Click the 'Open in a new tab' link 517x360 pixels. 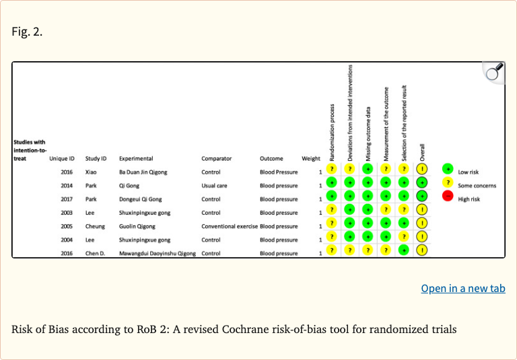pos(463,288)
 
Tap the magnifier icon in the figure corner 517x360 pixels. pos(495,72)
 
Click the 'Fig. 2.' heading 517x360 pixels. pos(27,31)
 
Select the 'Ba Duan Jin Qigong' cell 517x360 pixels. pos(143,172)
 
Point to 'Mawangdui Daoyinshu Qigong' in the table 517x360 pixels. pos(157,254)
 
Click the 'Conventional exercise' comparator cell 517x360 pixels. pos(229,226)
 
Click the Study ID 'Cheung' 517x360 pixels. pos(95,226)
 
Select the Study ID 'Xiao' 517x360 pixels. pos(92,172)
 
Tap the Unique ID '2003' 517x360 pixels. pos(66,213)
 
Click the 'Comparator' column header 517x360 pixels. pos(216,159)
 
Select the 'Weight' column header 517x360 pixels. pos(310,159)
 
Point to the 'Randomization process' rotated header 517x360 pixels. pos(332,127)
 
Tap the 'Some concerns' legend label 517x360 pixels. pos(477,185)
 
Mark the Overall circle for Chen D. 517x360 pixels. pos(422,250)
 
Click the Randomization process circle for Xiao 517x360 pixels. pos(331,169)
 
